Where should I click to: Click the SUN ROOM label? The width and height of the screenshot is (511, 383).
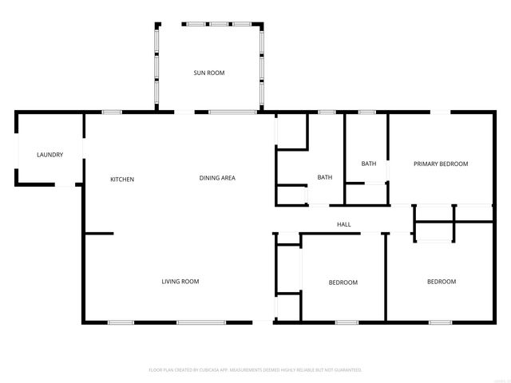[x=208, y=73]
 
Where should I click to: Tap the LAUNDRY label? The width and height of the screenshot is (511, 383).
[x=49, y=155]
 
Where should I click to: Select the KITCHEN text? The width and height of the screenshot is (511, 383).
[x=122, y=179]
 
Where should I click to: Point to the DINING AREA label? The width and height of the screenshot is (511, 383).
[x=216, y=177]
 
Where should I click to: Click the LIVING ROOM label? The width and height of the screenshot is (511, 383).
[x=180, y=281]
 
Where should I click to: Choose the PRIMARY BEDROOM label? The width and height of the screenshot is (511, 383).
[x=440, y=164]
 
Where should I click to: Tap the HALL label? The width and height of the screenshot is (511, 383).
[x=343, y=224]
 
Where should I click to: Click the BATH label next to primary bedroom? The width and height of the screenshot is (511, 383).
[x=368, y=164]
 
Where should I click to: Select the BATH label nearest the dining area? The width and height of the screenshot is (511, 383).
[x=325, y=177]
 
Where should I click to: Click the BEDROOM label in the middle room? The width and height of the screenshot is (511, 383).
[x=343, y=282]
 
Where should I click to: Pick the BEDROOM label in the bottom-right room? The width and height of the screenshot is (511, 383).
[x=441, y=281]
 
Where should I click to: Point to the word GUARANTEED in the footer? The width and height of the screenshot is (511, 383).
[x=346, y=370]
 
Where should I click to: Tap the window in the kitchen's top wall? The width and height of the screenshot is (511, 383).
[x=112, y=113]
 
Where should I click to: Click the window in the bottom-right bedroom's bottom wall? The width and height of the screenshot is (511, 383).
[x=440, y=322]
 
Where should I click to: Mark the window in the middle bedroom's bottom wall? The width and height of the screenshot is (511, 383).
[x=346, y=322]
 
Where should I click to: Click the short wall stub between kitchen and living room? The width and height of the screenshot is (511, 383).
[x=99, y=234]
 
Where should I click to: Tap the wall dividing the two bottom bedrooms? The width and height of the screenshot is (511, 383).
[x=386, y=278]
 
